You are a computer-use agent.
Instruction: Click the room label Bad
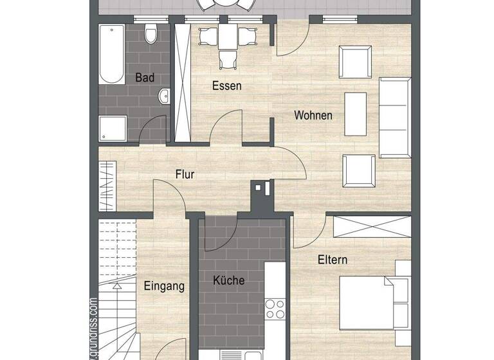pyautogui.click(x=145, y=78)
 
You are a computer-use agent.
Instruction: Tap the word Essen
pyautogui.click(x=227, y=85)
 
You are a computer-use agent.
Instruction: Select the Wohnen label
pyautogui.click(x=313, y=116)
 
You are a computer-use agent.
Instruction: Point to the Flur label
pyautogui.click(x=185, y=174)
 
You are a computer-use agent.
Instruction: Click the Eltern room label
pyautogui.click(x=333, y=260)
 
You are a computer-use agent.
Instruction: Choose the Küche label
pyautogui.click(x=228, y=280)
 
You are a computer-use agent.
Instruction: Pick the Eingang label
pyautogui.click(x=164, y=286)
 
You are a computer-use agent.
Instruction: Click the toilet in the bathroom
pyautogui.click(x=151, y=33)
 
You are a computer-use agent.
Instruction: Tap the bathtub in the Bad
pyautogui.click(x=112, y=55)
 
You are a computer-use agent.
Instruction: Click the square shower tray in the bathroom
pyautogui.click(x=113, y=129)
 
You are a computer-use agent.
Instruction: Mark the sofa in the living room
pyautogui.click(x=395, y=117)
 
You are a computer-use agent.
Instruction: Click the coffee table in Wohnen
pyautogui.click(x=356, y=113)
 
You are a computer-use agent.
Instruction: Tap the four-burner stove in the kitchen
pyautogui.click(x=275, y=309)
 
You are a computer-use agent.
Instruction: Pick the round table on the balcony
pyautogui.click(x=226, y=4)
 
